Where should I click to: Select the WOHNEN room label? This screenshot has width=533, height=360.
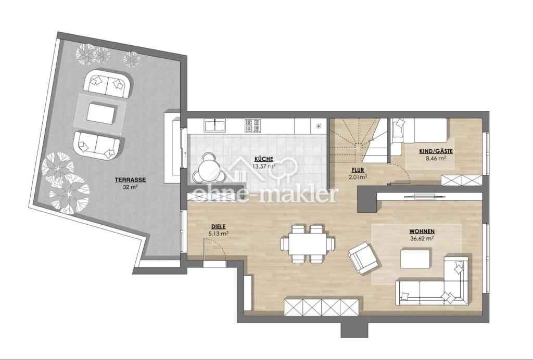click(422, 232)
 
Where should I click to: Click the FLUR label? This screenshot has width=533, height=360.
click(358, 170)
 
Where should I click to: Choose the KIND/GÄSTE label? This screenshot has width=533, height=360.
click(436, 151)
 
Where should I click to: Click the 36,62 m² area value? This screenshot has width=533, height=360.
click(422, 238)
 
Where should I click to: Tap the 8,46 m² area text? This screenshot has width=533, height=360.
click(437, 158)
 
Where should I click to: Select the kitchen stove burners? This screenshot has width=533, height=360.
click(252, 126)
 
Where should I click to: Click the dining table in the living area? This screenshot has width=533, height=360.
click(308, 244)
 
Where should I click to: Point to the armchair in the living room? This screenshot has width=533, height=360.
click(363, 257)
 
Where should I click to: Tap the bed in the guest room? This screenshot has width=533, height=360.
click(419, 130)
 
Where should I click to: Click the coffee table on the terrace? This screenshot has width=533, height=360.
click(102, 113)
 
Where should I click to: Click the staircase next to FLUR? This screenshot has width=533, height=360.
click(359, 140)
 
